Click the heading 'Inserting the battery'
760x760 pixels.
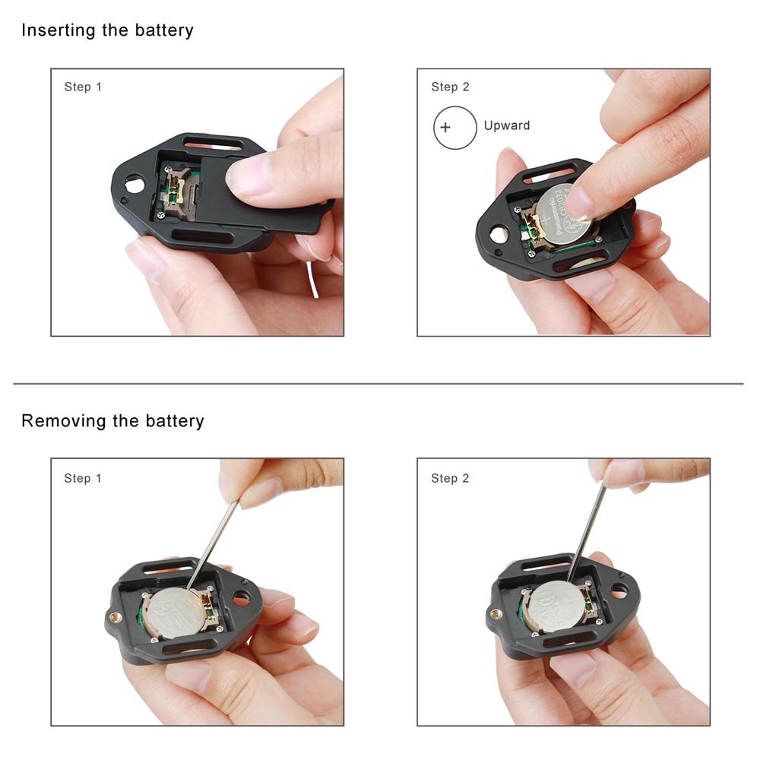pos(107,30)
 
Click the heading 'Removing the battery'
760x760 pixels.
pos(112,420)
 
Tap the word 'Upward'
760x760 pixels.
pos(507,125)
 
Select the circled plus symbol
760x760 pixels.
pos(445,127)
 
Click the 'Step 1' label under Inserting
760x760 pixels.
pos(83,87)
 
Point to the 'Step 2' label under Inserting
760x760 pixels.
pos(450,87)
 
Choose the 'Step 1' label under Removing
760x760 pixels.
pos(83,478)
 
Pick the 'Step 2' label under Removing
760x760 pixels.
pos(450,478)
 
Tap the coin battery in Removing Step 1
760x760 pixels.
pos(173,611)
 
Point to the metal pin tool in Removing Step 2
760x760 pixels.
pos(588,524)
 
